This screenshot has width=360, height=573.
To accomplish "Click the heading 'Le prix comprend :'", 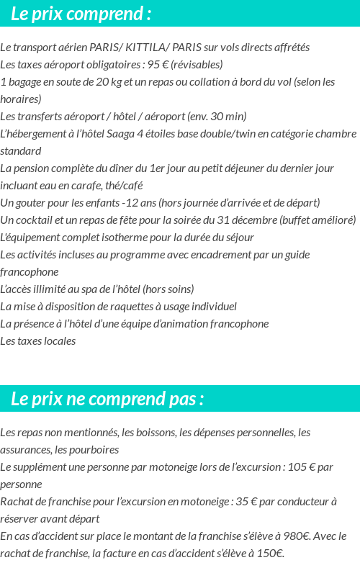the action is pyautogui.click(x=81, y=14).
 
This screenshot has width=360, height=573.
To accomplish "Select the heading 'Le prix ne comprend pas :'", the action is pyautogui.click(x=107, y=399).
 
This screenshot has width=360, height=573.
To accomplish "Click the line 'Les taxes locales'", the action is pyautogui.click(x=37, y=341).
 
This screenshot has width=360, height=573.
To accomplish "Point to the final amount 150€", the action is pyautogui.click(x=269, y=554).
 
